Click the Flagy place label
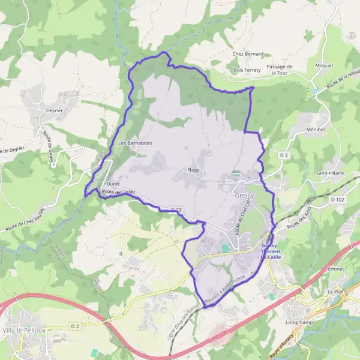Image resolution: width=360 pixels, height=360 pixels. tap(193, 170)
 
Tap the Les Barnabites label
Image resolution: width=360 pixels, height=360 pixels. tap(135, 143)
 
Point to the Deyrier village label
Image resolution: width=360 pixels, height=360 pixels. tap(55, 110)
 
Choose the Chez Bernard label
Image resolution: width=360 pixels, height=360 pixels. tap(247, 53)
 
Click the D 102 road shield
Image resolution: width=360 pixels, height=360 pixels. tap(337, 199)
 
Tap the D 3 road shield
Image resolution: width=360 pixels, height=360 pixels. tap(284, 155)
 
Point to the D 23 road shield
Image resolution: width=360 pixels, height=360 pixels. tap(176, 209)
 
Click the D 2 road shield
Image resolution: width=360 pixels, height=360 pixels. tap(74, 326)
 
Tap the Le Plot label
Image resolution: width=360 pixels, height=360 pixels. tap(334, 292)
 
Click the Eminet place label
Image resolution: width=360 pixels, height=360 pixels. tap(336, 269)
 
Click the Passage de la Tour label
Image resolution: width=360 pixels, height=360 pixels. tap(281, 70)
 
